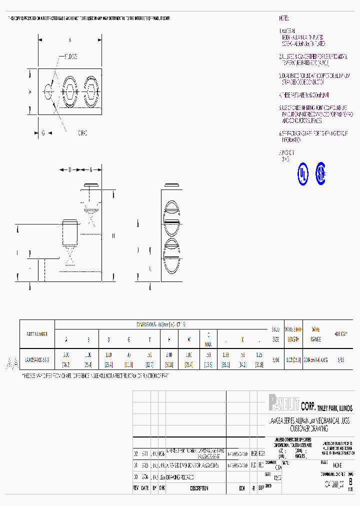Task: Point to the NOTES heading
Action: click(283, 18)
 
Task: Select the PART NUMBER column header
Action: click(37, 333)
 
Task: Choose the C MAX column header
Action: click(208, 338)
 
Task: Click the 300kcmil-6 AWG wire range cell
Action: click(315, 359)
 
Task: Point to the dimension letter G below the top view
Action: click(43, 133)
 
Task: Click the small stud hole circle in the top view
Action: click(48, 92)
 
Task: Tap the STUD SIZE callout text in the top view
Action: click(70, 56)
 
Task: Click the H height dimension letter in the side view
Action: click(113, 235)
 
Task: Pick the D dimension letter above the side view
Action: click(70, 170)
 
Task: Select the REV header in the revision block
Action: click(135, 488)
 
